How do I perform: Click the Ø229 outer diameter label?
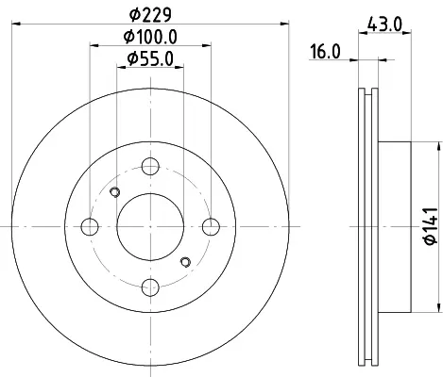(x=151, y=14)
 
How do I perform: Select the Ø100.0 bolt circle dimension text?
(x=150, y=37)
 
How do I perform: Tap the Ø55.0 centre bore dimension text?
(x=150, y=58)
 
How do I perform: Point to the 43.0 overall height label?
(x=384, y=24)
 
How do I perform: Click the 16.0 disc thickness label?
(x=326, y=52)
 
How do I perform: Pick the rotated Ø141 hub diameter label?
(x=431, y=225)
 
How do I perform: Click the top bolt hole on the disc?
(x=150, y=166)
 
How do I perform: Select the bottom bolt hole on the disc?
(x=150, y=287)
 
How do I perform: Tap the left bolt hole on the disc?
(x=90, y=226)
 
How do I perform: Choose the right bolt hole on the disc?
(x=211, y=226)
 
